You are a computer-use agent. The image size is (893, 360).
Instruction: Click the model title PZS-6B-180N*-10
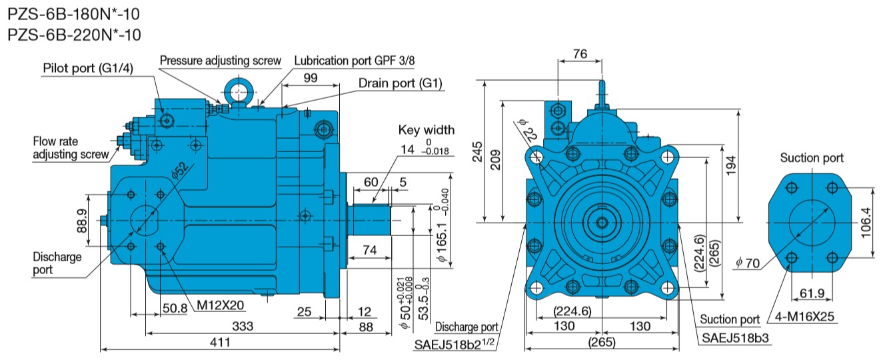[x=74, y=13]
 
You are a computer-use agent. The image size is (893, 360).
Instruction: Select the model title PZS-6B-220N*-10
[x=74, y=35]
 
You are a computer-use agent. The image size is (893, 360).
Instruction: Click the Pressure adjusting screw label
[x=221, y=60]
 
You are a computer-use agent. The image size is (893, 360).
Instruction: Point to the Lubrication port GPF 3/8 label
[x=355, y=60]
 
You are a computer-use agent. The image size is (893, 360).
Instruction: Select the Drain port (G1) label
[x=401, y=83]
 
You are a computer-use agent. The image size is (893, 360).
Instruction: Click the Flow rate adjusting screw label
[x=71, y=148]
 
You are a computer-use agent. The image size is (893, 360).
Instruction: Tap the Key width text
[x=426, y=130]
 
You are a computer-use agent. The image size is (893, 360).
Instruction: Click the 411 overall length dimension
[x=220, y=342]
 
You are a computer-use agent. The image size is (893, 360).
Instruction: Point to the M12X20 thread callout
[x=221, y=306]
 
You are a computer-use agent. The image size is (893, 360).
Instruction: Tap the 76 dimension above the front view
[x=580, y=54]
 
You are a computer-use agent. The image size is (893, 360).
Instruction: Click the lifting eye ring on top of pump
[x=237, y=89]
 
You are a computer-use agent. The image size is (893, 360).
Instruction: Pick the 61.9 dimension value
[x=810, y=293]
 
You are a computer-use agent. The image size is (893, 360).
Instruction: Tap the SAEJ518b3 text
[x=735, y=338]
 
